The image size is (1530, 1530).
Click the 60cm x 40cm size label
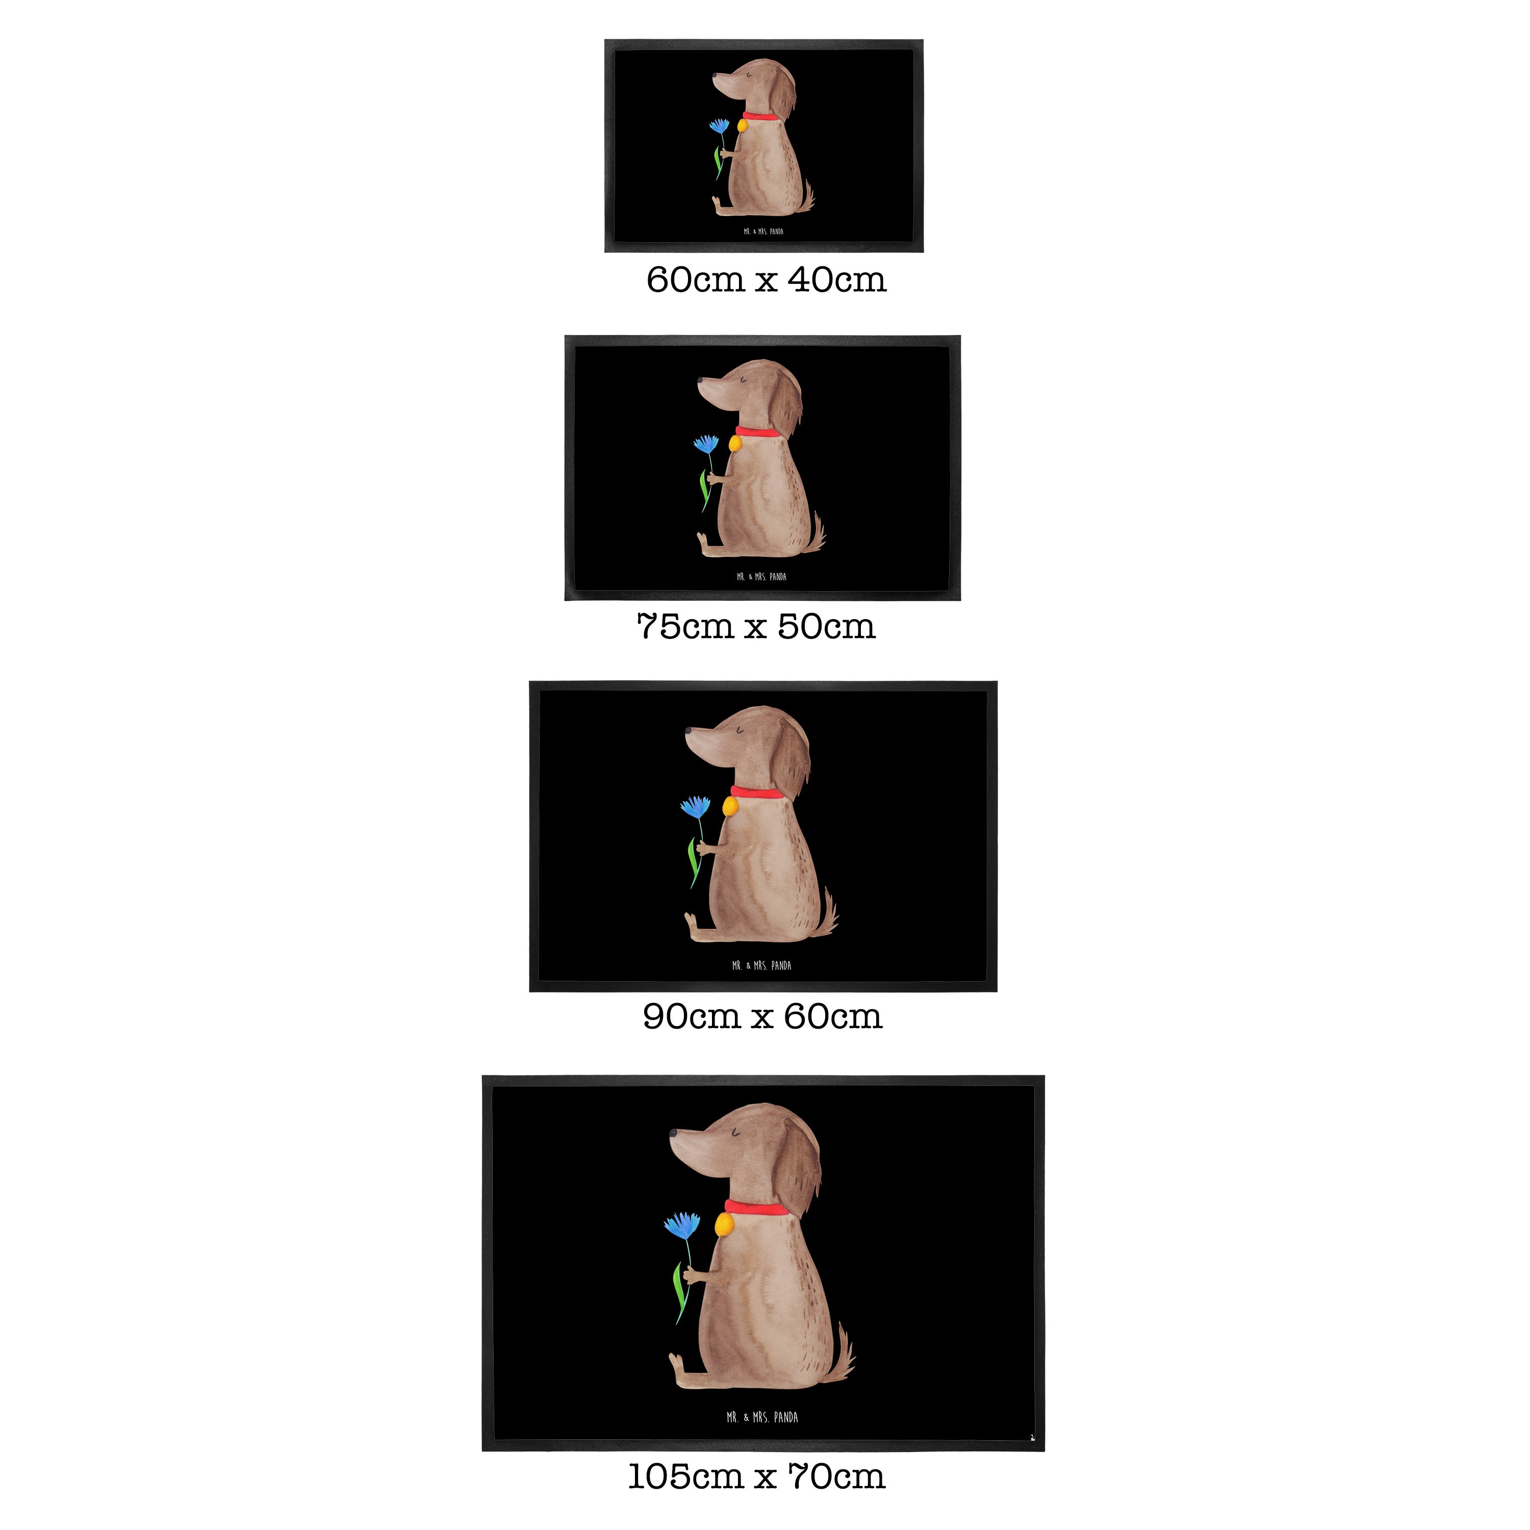(x=766, y=280)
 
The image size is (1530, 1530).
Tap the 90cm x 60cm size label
(x=762, y=1017)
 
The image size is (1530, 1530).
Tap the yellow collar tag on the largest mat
(x=722, y=1227)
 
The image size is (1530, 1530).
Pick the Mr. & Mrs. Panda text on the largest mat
(x=762, y=1418)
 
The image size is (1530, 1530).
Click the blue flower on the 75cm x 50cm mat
(x=706, y=444)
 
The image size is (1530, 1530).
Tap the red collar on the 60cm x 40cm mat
(x=759, y=116)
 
